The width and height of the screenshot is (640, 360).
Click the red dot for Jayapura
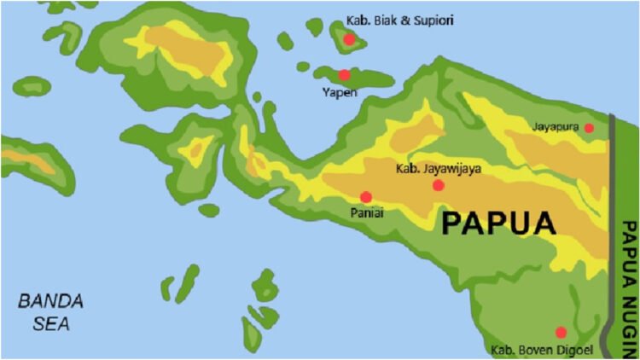pyautogui.click(x=589, y=128)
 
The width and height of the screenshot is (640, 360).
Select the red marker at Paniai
pyautogui.click(x=366, y=197)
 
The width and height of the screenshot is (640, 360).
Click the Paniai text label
pyautogui.click(x=366, y=214)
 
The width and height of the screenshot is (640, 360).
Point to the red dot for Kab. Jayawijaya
pyautogui.click(x=439, y=185)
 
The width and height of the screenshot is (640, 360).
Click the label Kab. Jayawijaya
pyautogui.click(x=439, y=168)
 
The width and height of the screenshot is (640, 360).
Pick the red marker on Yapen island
pyautogui.click(x=344, y=75)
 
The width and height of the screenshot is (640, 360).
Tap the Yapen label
pyautogui.click(x=340, y=91)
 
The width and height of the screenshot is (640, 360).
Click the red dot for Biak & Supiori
pyautogui.click(x=349, y=39)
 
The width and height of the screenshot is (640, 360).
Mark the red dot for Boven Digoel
pyautogui.click(x=561, y=332)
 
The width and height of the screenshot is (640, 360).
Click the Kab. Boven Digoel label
pyautogui.click(x=542, y=349)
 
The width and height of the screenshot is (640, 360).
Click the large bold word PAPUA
pyautogui.click(x=498, y=224)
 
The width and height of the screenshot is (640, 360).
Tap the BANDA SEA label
pyautogui.click(x=51, y=312)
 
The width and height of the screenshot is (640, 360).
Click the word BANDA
pyautogui.click(x=51, y=301)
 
